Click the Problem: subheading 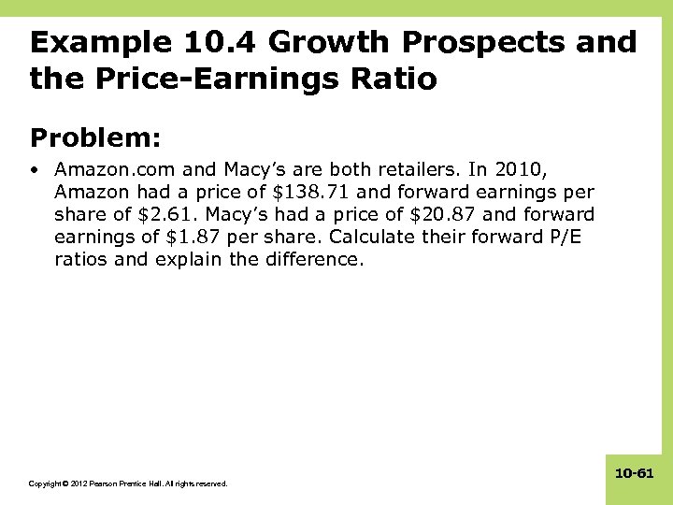tap(96, 138)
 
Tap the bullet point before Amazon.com tap(35, 170)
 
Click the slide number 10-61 tap(634, 474)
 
